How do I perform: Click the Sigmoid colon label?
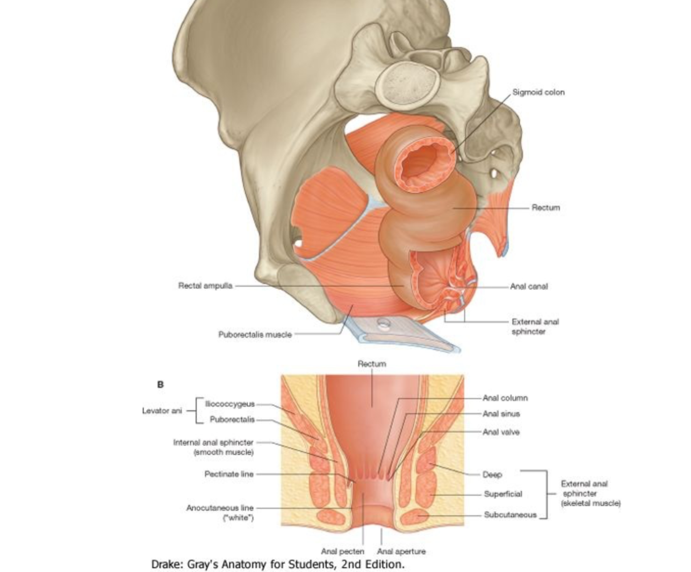[538, 92]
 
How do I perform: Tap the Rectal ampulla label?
[205, 285]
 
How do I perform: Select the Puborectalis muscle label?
[255, 335]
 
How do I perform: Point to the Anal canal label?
[528, 286]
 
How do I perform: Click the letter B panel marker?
[160, 385]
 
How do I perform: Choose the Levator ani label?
[162, 411]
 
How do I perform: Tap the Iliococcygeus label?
[230, 404]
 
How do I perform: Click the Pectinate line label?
[229, 474]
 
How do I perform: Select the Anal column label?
[505, 398]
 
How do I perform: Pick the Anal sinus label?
[501, 414]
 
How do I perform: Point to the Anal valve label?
[501, 432]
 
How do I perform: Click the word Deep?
[492, 475]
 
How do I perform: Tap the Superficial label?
[503, 494]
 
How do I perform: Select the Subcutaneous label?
[510, 514]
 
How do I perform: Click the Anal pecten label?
[342, 551]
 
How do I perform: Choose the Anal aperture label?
[401, 551]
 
